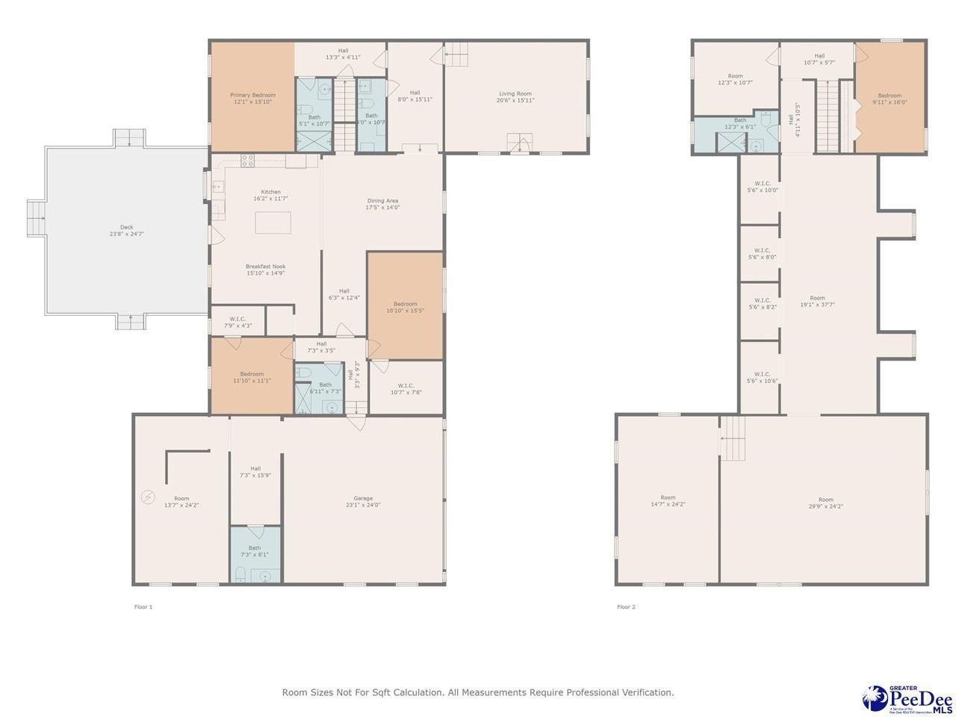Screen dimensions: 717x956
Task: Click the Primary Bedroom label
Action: click(x=252, y=95)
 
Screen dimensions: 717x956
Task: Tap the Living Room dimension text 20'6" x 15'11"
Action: click(x=516, y=100)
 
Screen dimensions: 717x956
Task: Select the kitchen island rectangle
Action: click(x=273, y=223)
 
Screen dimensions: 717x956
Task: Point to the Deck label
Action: click(x=126, y=227)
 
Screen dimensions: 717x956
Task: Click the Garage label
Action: click(x=363, y=498)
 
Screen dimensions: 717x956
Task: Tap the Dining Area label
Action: click(x=382, y=200)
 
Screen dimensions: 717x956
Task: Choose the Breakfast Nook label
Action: click(x=266, y=266)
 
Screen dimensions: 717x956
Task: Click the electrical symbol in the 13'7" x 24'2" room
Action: click(x=147, y=497)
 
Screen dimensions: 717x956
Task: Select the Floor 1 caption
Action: click(x=143, y=607)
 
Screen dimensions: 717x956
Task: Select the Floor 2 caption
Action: click(x=626, y=607)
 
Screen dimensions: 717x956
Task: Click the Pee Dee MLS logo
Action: click(x=907, y=698)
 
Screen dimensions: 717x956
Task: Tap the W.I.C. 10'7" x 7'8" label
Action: click(x=406, y=385)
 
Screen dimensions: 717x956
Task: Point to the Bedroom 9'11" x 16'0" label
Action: click(x=890, y=96)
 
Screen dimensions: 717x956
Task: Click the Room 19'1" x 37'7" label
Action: click(x=817, y=298)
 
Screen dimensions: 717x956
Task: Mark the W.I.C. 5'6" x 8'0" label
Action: click(x=762, y=251)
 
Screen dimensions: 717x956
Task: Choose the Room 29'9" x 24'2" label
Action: click(x=825, y=500)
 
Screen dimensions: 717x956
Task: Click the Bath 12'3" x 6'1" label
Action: click(x=740, y=120)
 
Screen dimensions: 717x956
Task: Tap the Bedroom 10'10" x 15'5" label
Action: click(x=405, y=304)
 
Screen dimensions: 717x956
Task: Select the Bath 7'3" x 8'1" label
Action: click(x=255, y=547)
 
